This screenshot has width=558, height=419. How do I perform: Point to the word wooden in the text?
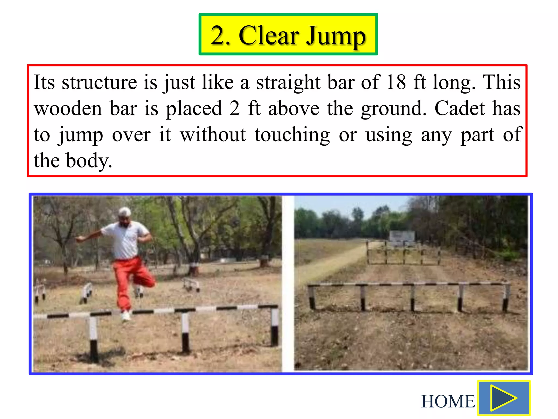tap(68, 108)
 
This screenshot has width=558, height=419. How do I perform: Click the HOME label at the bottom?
tap(448, 401)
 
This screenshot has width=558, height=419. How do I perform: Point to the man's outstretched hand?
tap(79, 239)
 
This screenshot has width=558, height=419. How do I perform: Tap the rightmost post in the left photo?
tap(274, 327)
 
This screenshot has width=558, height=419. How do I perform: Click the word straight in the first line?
tap(288, 82)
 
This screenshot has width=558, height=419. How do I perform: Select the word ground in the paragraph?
tap(393, 108)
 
